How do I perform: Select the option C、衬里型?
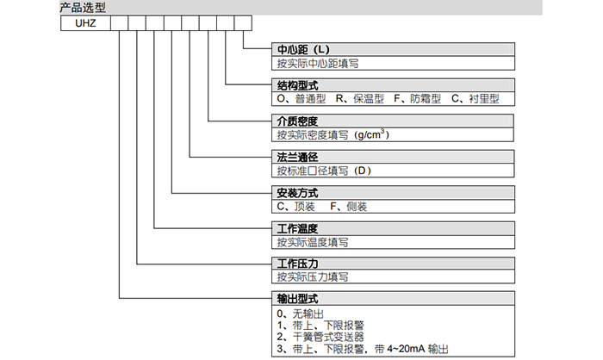pos(475,99)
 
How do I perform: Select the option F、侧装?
pos(348,206)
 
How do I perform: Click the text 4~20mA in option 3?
pos(403,349)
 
